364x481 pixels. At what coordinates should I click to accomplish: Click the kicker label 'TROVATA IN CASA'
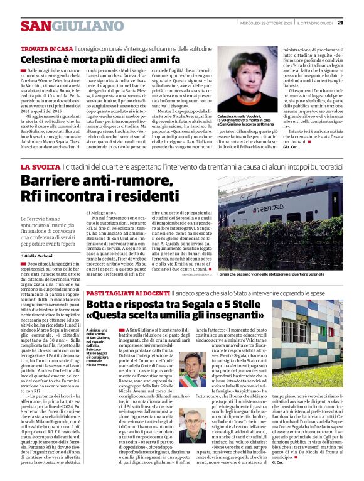pyautogui.click(x=46, y=48)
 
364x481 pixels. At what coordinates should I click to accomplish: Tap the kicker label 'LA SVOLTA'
pyautogui.click(x=41, y=166)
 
